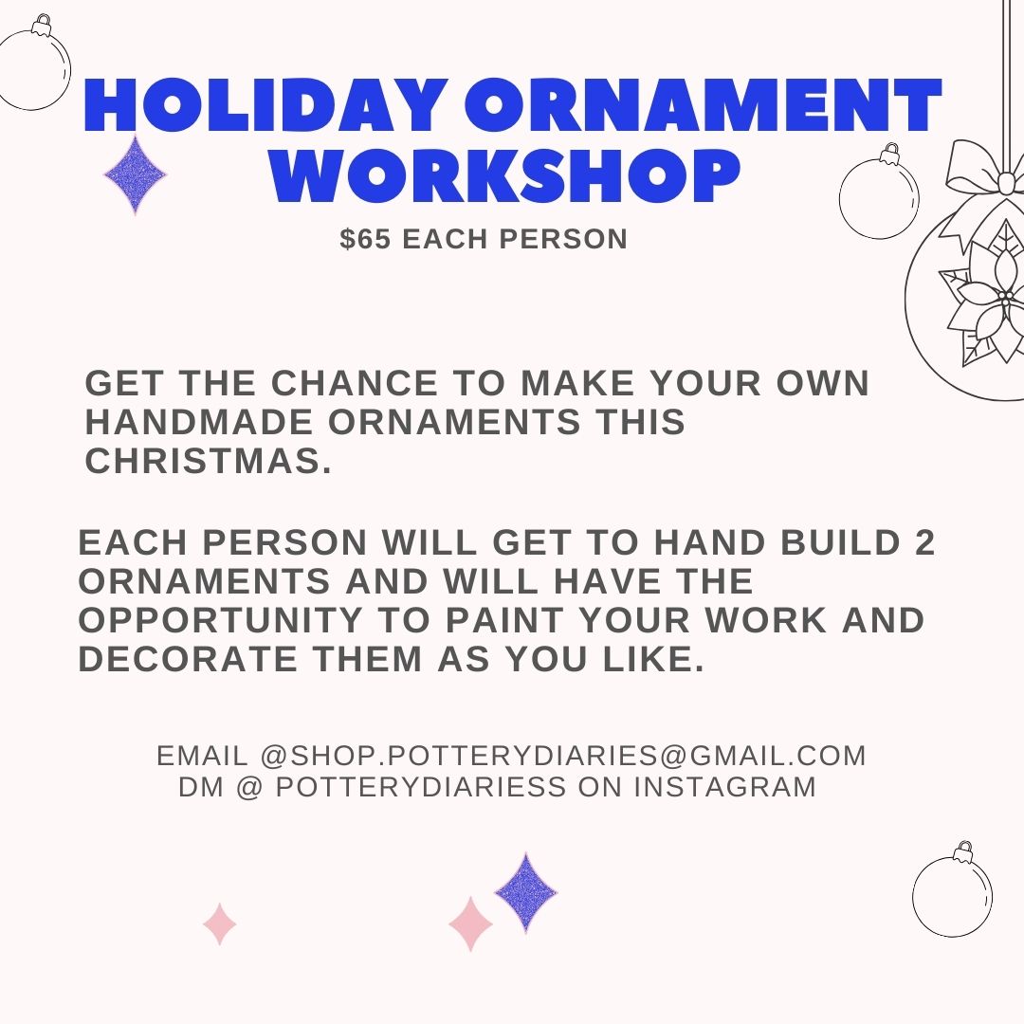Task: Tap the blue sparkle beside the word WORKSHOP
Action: click(135, 175)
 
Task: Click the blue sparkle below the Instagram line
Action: click(525, 891)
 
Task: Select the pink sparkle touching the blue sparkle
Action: click(470, 923)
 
